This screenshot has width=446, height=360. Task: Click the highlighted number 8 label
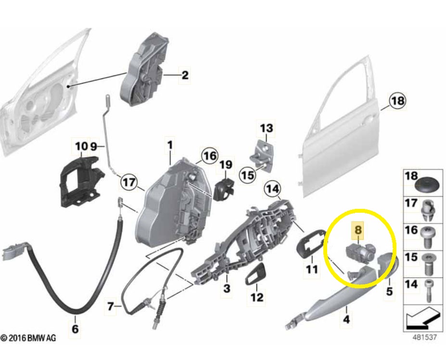tap(358, 230)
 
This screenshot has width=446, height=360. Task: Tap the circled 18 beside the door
tap(397, 101)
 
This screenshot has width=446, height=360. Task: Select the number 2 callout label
tap(185, 76)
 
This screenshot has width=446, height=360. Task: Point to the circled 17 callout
tap(129, 182)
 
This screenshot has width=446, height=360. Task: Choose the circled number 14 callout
tap(273, 189)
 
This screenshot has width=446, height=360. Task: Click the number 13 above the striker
tap(267, 128)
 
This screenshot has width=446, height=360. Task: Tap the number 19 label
tap(226, 165)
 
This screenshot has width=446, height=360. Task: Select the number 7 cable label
tap(110, 307)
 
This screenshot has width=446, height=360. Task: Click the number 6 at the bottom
tap(75, 329)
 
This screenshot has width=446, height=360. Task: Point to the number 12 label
tap(256, 297)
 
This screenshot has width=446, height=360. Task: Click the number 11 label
tap(312, 269)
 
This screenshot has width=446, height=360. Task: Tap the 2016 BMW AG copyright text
tap(28, 338)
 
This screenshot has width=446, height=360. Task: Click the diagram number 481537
tap(425, 337)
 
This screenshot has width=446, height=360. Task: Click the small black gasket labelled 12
tap(255, 274)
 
